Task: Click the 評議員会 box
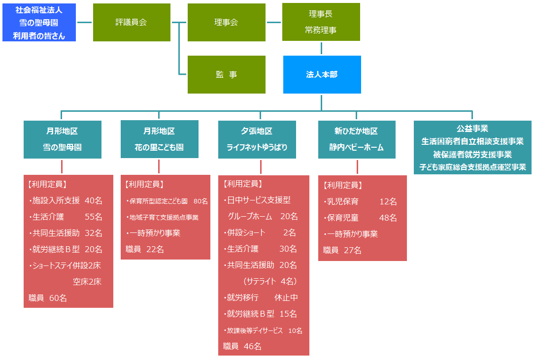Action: pyautogui.click(x=131, y=22)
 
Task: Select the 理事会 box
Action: pyautogui.click(x=226, y=22)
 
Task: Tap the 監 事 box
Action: pyautogui.click(x=226, y=74)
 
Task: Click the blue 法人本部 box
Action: pyautogui.click(x=322, y=74)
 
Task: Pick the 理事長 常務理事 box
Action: pyautogui.click(x=321, y=22)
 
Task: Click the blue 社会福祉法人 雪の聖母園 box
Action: pyautogui.click(x=39, y=22)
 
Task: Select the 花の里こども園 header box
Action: pyautogui.click(x=159, y=139)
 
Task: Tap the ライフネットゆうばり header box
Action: pyautogui.click(x=257, y=139)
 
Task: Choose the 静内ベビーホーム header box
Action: pyautogui.click(x=356, y=139)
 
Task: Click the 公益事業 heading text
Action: pyautogui.click(x=472, y=129)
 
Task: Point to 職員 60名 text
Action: pyautogui.click(x=48, y=298)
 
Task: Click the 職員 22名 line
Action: pyautogui.click(x=145, y=249)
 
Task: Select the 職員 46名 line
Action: pyautogui.click(x=242, y=346)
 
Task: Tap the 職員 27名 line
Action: pyautogui.click(x=342, y=250)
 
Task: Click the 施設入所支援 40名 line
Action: pyautogui.click(x=66, y=200)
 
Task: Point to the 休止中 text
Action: pyautogui.click(x=286, y=297)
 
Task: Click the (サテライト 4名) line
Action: pyautogui.click(x=269, y=281)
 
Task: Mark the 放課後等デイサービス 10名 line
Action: pyautogui.click(x=263, y=330)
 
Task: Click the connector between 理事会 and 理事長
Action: pyautogui.click(x=273, y=22)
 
